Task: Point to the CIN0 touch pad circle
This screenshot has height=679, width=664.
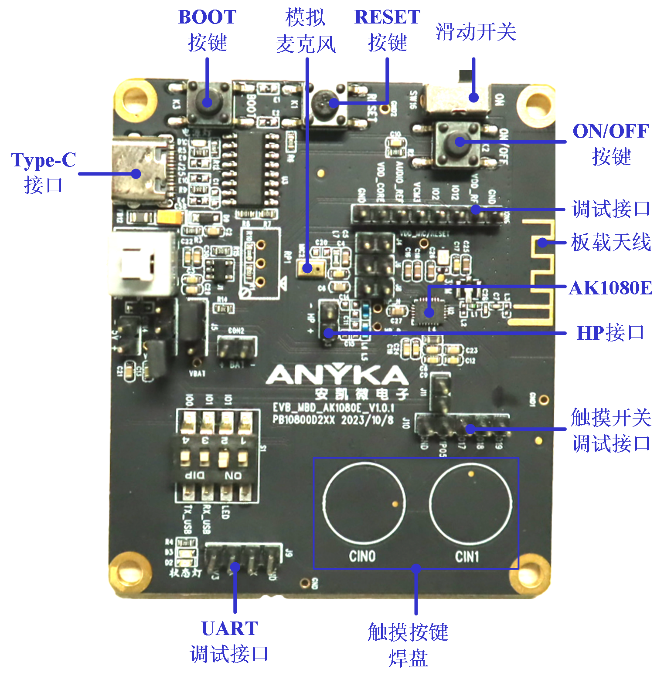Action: pos(364,503)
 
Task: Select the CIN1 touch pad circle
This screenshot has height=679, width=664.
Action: pos(471,503)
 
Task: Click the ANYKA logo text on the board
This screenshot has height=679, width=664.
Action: pos(337,375)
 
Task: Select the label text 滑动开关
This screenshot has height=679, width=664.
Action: pos(476,32)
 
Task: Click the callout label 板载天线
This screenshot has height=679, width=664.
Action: pos(611,242)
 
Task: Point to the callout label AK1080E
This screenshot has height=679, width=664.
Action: pos(610,288)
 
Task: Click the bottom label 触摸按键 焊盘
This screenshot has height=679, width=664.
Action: pos(408,645)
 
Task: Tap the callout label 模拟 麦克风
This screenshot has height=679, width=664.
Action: pos(306,31)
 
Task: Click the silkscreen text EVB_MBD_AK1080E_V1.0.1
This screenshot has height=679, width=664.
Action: pos(334,408)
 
